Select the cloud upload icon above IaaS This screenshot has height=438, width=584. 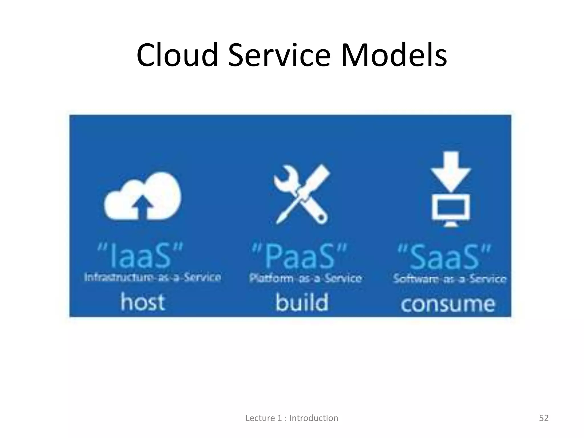tap(143, 197)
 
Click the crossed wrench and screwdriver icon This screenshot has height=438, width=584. tap(301, 194)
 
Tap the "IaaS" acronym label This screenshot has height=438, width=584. tap(140, 255)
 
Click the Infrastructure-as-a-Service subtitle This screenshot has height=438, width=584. tap(153, 277)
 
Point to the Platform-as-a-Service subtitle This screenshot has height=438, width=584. tap(305, 278)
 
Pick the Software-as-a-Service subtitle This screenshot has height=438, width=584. tap(450, 279)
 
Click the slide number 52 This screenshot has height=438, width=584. tap(544, 418)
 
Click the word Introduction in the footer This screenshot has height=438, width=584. tap(314, 418)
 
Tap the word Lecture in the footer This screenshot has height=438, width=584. tap(259, 418)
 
